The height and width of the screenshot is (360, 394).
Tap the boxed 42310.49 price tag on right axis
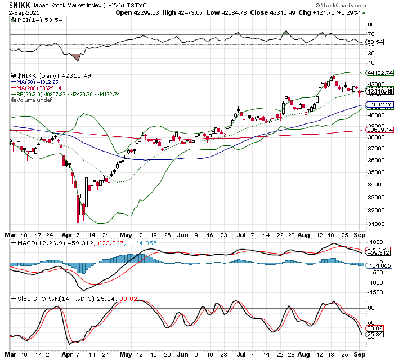coord(378,91)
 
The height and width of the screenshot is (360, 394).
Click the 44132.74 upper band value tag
coord(378,73)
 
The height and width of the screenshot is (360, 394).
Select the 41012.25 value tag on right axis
coord(378,105)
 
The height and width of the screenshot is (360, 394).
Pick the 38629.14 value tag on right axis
coord(378,130)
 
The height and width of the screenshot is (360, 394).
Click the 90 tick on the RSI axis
coord(371,25)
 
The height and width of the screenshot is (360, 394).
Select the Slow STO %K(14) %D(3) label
coord(45,299)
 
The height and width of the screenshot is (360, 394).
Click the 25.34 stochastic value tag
coord(375,335)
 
